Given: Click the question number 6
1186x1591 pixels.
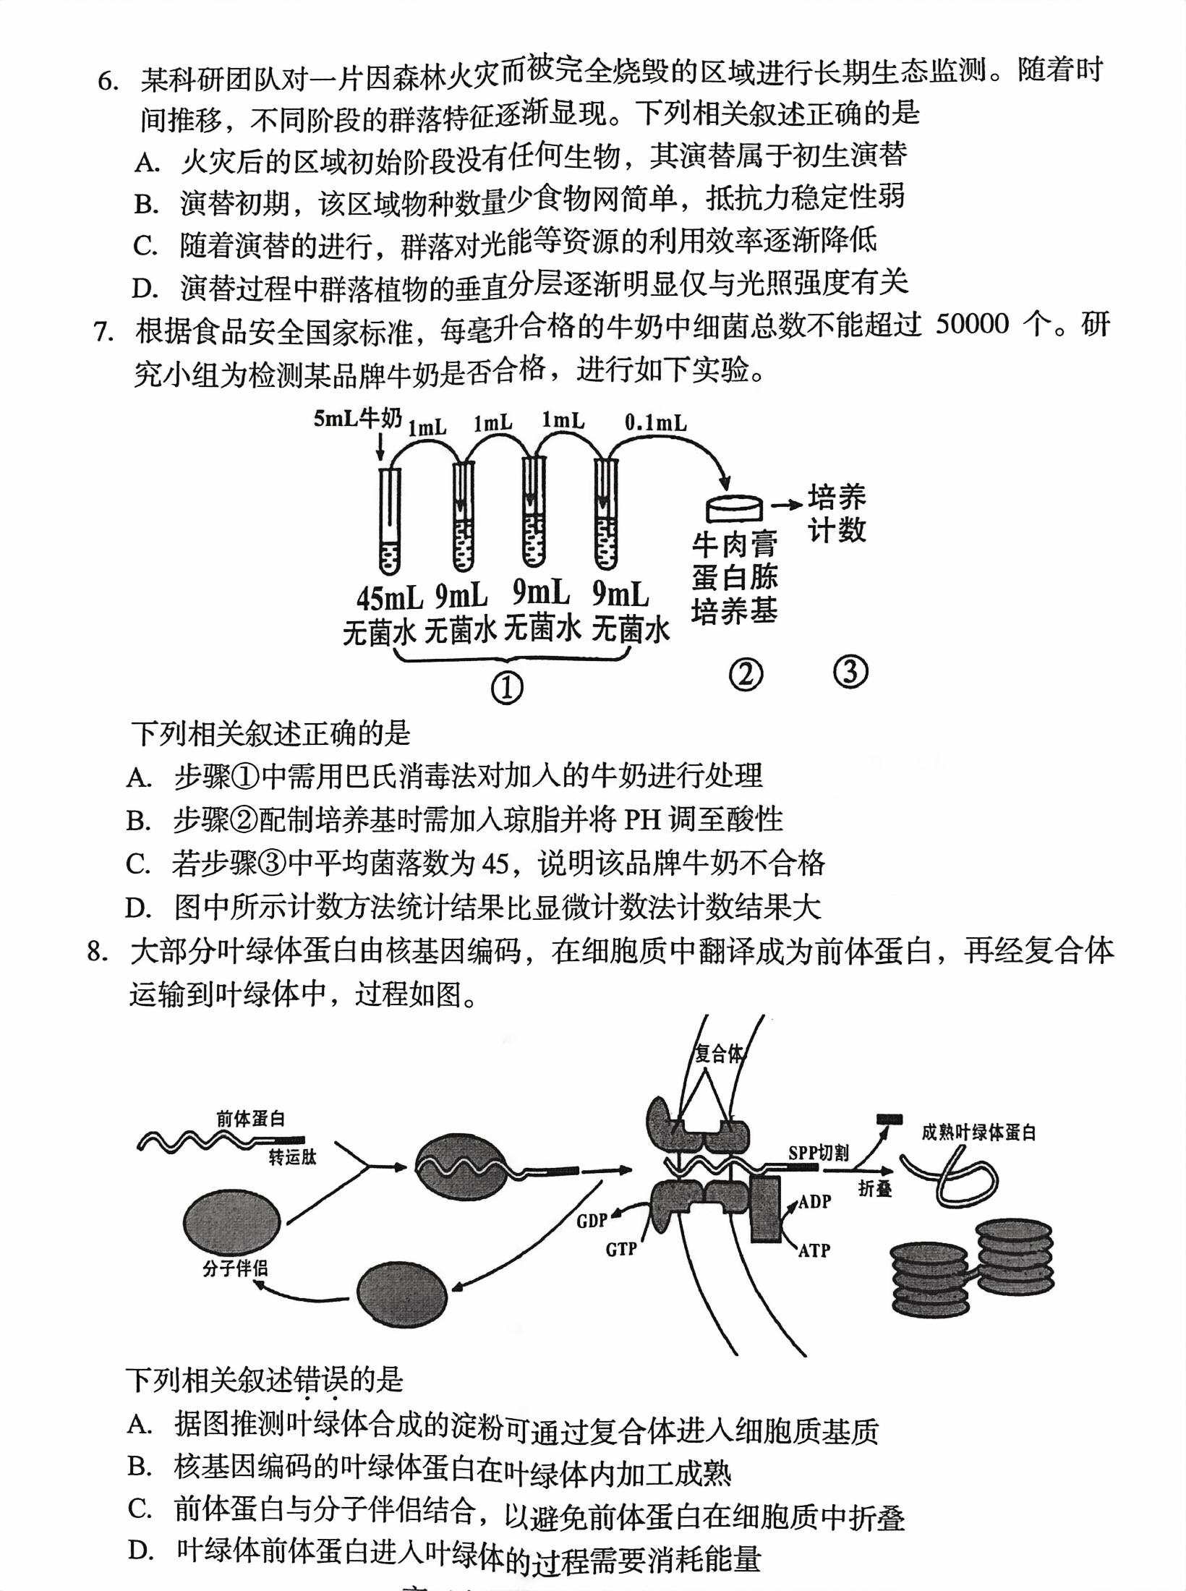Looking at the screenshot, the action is coord(108,81).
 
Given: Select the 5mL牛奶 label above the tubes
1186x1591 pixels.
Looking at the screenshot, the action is coord(357,419).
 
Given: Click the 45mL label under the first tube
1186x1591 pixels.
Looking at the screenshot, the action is coord(389,599).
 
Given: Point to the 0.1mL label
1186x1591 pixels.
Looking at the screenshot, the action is coord(656,422).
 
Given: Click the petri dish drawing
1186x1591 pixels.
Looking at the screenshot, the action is coord(734,507).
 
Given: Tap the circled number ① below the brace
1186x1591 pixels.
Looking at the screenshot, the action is coord(507,688).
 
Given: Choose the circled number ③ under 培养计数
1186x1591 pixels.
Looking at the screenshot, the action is coord(850,672).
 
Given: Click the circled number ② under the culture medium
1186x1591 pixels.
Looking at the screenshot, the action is coord(746,674).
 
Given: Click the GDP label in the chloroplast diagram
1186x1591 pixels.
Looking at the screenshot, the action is coord(592,1221).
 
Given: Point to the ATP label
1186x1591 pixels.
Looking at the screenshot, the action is coord(814,1250).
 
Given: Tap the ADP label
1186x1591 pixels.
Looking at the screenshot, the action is coord(814,1201).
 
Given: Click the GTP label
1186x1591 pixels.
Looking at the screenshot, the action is coord(621,1249).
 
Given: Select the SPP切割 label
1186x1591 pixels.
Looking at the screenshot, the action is coord(819,1153).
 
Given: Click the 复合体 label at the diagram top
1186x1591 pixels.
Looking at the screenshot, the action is coord(718,1054).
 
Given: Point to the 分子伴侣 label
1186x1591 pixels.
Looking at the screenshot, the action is coord(235,1268).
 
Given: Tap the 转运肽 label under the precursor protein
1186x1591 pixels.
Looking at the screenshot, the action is coord(293,1157).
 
